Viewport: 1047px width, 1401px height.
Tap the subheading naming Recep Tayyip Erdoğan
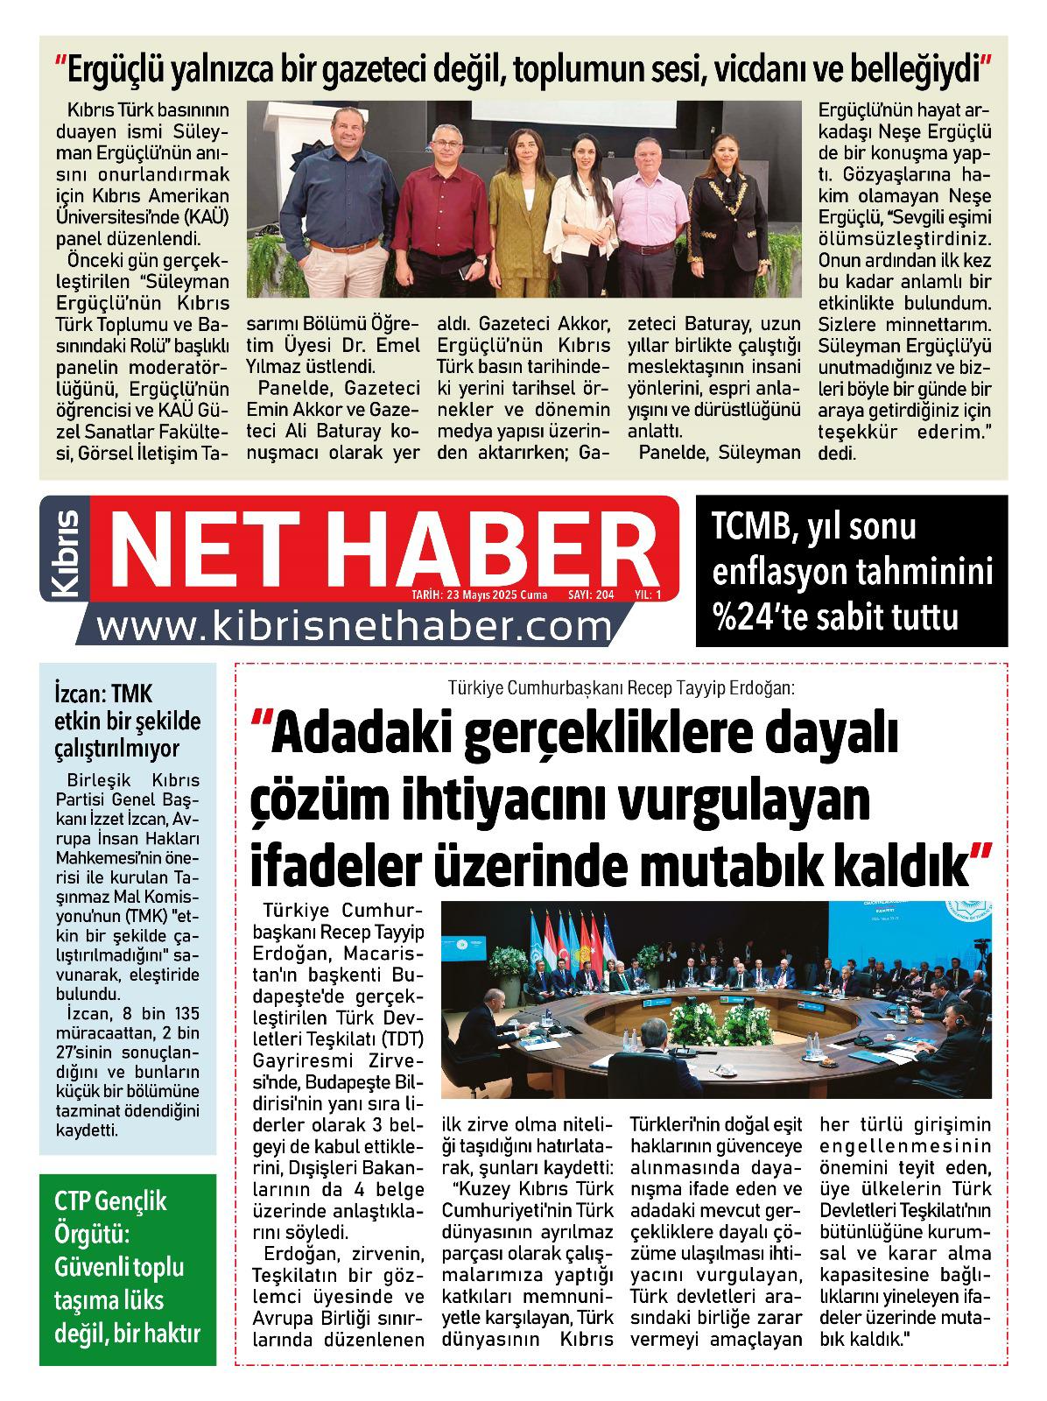pyautogui.click(x=620, y=687)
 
